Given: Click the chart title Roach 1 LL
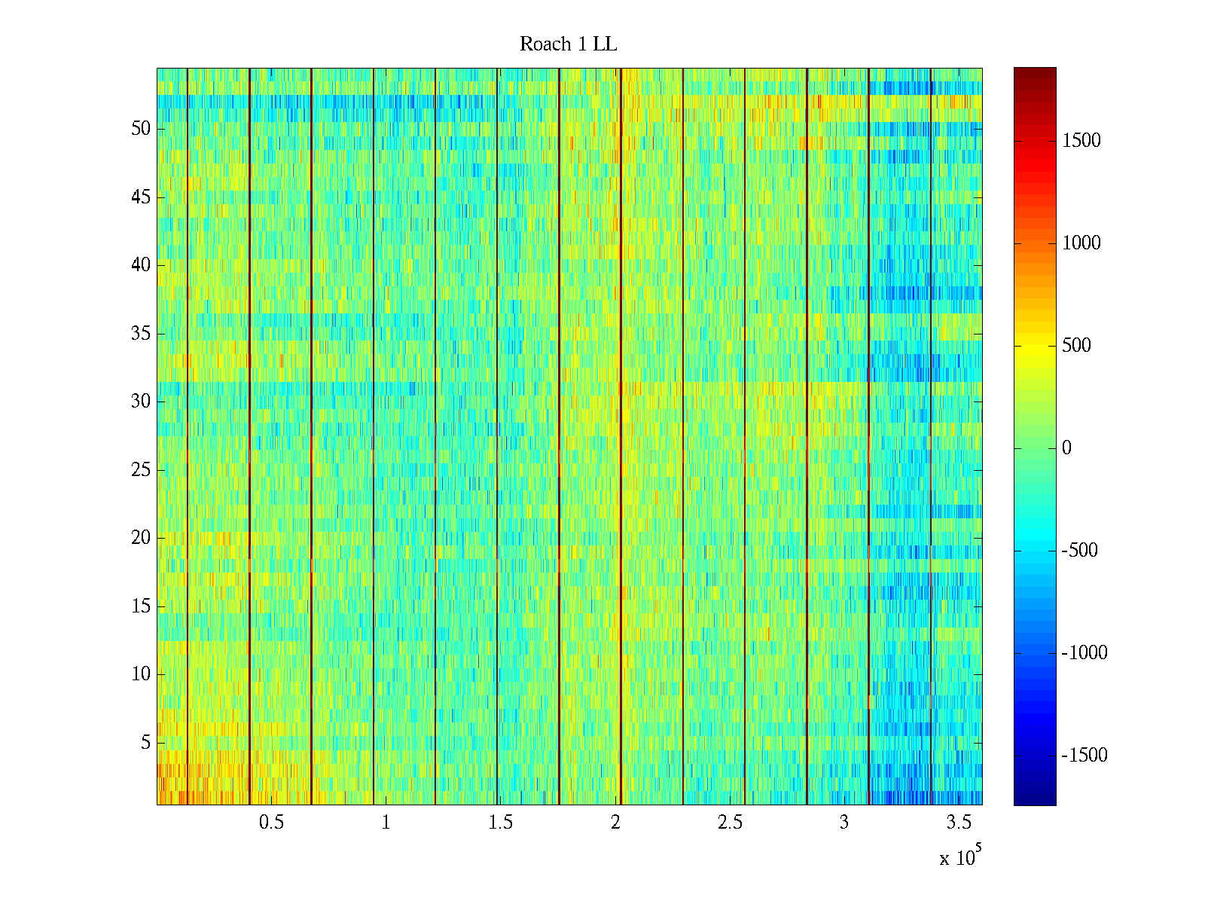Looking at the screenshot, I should pos(568,44).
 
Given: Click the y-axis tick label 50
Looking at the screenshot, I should pos(141,129).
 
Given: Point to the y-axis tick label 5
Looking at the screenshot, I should pos(145,743).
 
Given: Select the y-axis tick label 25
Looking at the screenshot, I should pos(141,470).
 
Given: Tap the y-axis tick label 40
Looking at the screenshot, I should pos(141,265).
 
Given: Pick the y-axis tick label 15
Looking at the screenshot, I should pos(141,606).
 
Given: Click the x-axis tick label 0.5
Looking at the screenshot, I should pos(271,823).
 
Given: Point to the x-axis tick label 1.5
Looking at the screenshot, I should pos(500,823).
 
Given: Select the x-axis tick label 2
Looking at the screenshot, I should pos(615,823).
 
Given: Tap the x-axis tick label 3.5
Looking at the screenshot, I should pos(959,823).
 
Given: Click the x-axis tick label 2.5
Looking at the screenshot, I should pos(730,823).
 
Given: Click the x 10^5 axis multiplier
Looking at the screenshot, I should pos(959,857).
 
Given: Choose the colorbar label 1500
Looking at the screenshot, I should pos(1081,141).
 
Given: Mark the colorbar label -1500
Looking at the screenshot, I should pos(1084,756).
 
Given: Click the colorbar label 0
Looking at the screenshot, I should pos(1066,448).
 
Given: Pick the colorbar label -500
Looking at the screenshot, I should pos(1079,551).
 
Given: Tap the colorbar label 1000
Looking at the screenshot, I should pos(1081,243).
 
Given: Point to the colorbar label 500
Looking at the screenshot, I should pos(1076,346).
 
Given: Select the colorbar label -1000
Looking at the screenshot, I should pos(1084,653).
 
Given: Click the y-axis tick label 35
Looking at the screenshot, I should pos(141,334).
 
